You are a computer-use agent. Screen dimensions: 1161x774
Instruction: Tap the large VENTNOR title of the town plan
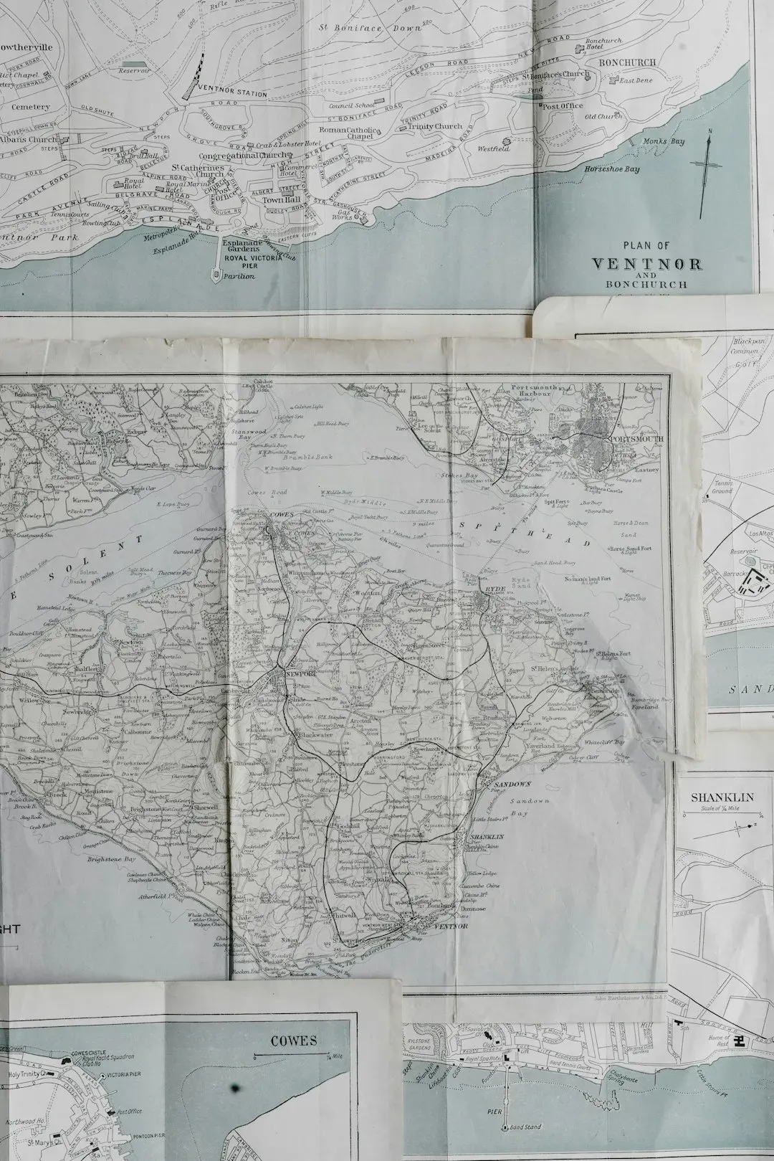[x=646, y=264]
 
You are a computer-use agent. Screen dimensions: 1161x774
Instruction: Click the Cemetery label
[x=30, y=107]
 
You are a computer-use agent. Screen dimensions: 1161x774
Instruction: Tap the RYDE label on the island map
[x=495, y=588]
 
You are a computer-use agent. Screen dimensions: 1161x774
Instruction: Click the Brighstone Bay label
[x=111, y=858]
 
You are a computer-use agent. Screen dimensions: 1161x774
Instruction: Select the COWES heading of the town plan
[x=294, y=1041]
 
